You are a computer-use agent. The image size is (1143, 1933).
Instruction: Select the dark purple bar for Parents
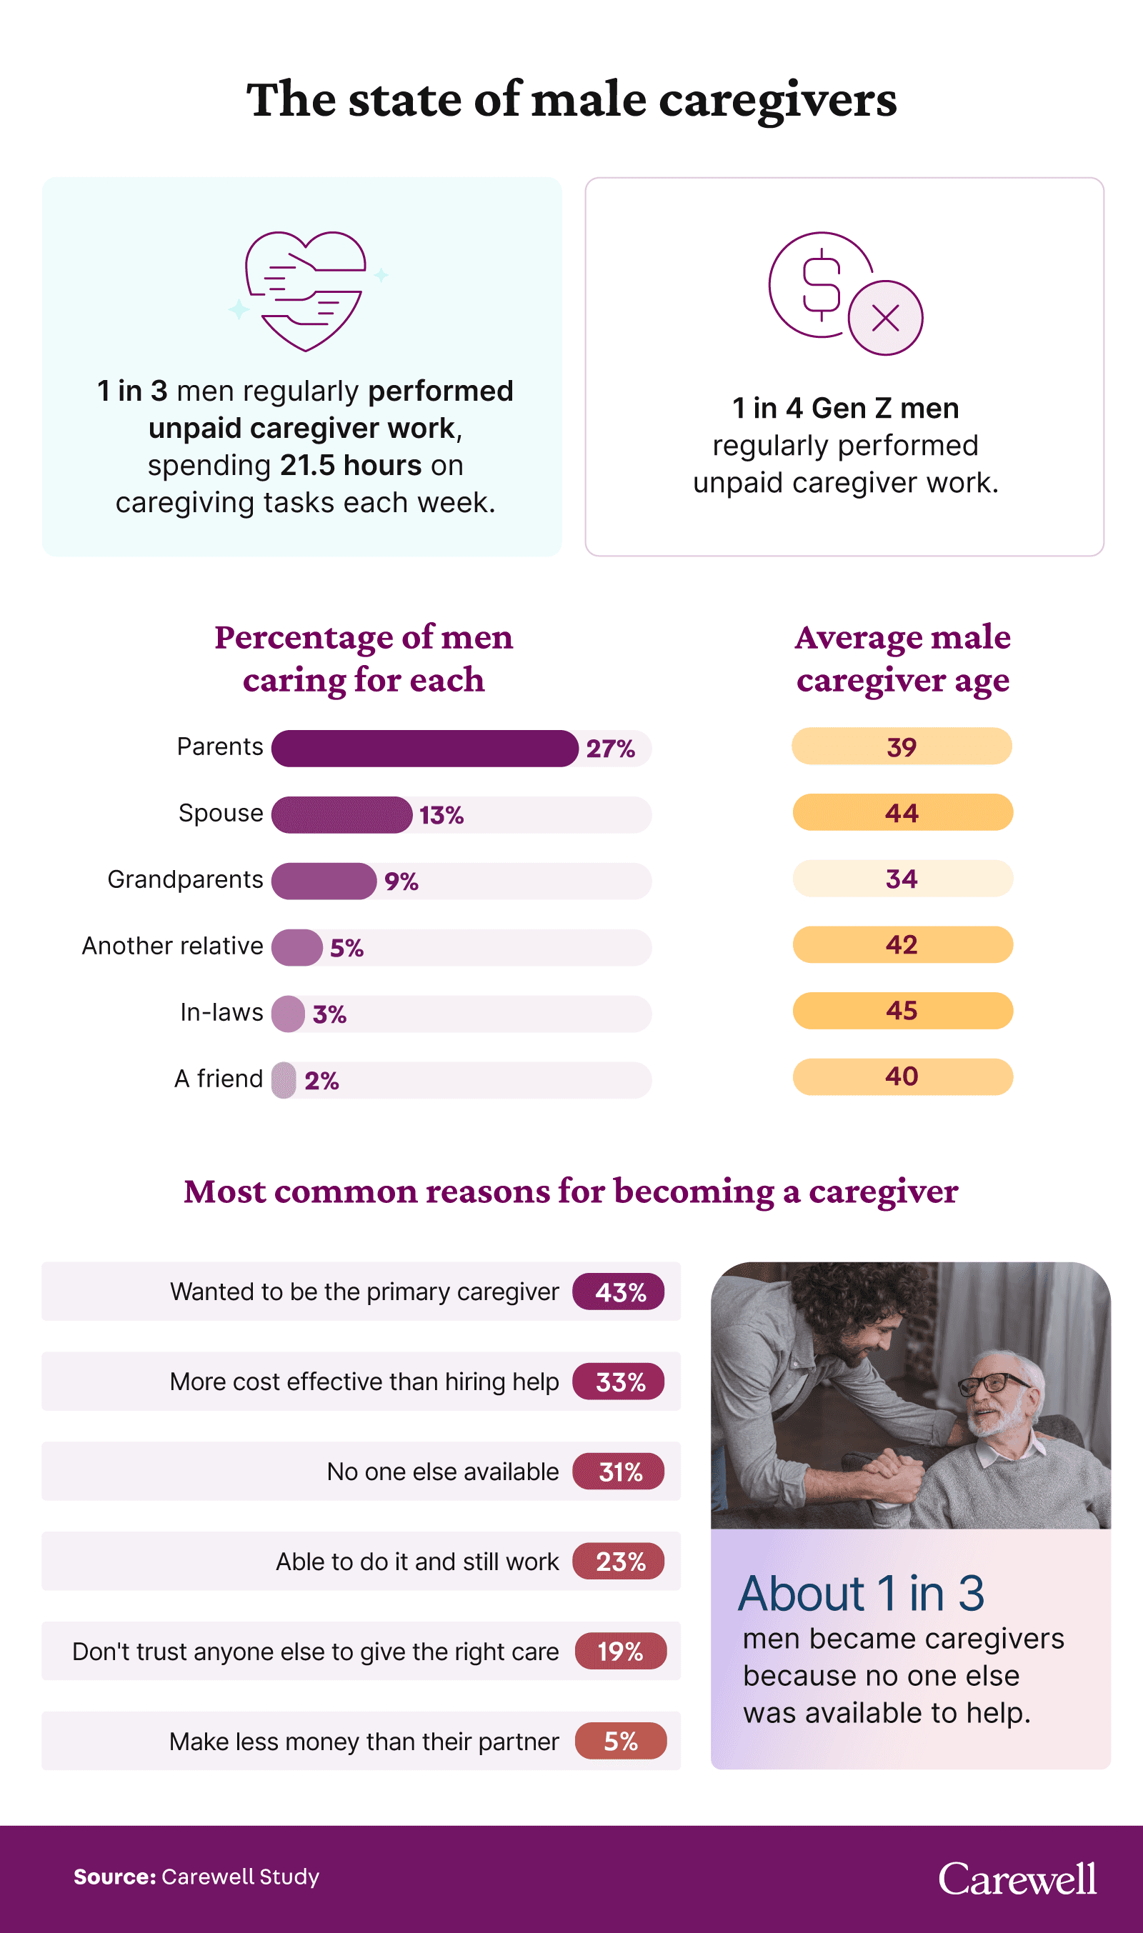pos(424,748)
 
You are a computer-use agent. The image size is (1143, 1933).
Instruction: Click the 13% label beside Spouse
pos(441,815)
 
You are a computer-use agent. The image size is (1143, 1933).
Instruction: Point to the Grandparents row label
pos(185,879)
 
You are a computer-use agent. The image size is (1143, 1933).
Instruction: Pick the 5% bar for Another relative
pos(296,947)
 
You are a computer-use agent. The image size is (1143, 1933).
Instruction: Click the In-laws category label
pos(221,1012)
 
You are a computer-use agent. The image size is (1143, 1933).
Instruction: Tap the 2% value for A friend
pos(321,1081)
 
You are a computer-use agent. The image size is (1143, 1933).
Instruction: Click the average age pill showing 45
pos(902,1010)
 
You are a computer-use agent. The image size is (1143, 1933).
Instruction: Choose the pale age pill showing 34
pos(902,879)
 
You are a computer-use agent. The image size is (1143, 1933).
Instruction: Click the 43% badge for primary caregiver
pos(619,1292)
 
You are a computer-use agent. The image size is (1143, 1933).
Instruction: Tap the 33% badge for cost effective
pos(619,1382)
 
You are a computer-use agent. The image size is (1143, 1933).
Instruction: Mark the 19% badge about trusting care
pos(620,1652)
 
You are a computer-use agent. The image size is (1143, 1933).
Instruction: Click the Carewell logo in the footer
pos(1017,1880)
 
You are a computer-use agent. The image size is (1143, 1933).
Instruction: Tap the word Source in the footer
pos(114,1877)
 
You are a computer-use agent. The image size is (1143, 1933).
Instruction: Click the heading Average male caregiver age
pos(902,659)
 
